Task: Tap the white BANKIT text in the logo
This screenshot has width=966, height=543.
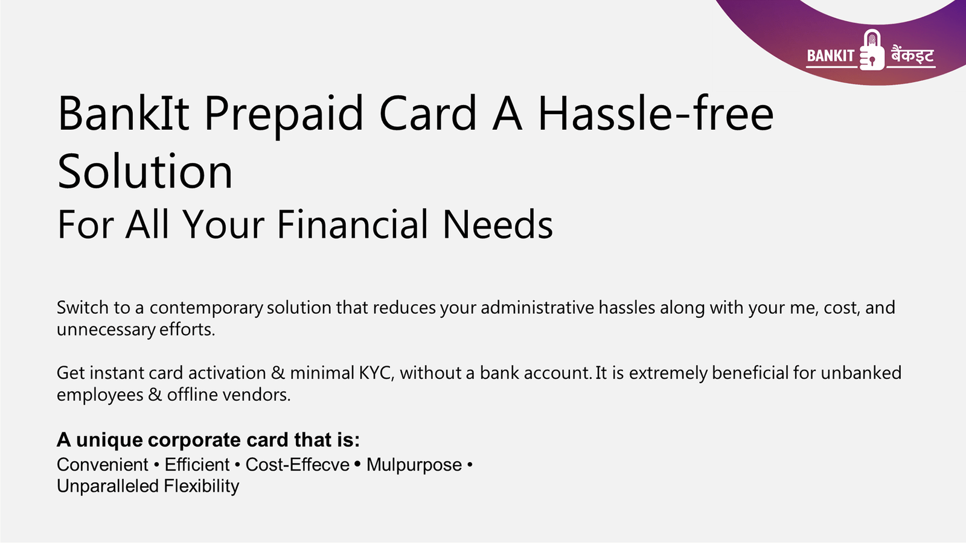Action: pyautogui.click(x=831, y=56)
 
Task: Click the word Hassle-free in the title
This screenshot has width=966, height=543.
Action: pyautogui.click(x=656, y=113)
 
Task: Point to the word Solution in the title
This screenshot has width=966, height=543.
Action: pyautogui.click(x=145, y=171)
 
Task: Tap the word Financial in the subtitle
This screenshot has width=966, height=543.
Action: pyautogui.click(x=352, y=224)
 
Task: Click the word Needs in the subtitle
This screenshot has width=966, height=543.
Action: pyautogui.click(x=497, y=224)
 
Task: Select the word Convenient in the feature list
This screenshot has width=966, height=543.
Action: pyautogui.click(x=103, y=465)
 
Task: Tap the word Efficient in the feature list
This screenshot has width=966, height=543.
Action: pyautogui.click(x=197, y=465)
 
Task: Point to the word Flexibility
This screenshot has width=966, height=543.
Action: pyautogui.click(x=202, y=486)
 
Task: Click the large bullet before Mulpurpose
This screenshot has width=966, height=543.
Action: pyautogui.click(x=357, y=464)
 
